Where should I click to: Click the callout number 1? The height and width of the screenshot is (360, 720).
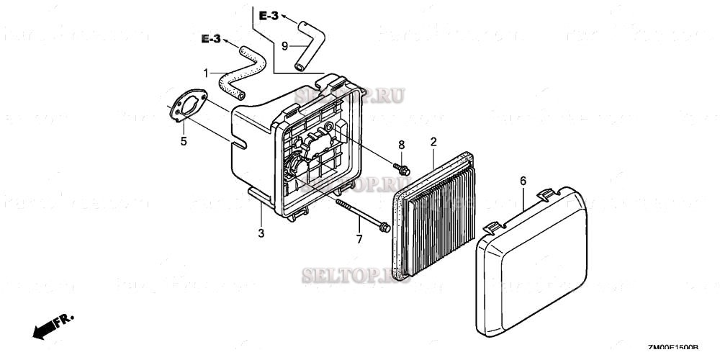tap(207, 73)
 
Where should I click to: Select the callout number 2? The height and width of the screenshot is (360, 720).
tap(433, 142)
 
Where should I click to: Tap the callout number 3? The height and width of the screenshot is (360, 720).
tap(261, 233)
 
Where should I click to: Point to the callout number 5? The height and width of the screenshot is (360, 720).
tap(184, 141)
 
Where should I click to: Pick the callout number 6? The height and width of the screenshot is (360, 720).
tap(523, 181)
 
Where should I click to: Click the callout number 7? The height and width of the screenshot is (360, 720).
tap(358, 238)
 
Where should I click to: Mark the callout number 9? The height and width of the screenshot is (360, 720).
tap(284, 45)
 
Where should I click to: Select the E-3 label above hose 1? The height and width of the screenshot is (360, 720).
tap(210, 39)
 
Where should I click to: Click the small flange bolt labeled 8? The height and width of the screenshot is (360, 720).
tap(401, 169)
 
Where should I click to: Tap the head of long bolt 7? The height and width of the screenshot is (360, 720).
tap(383, 227)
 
